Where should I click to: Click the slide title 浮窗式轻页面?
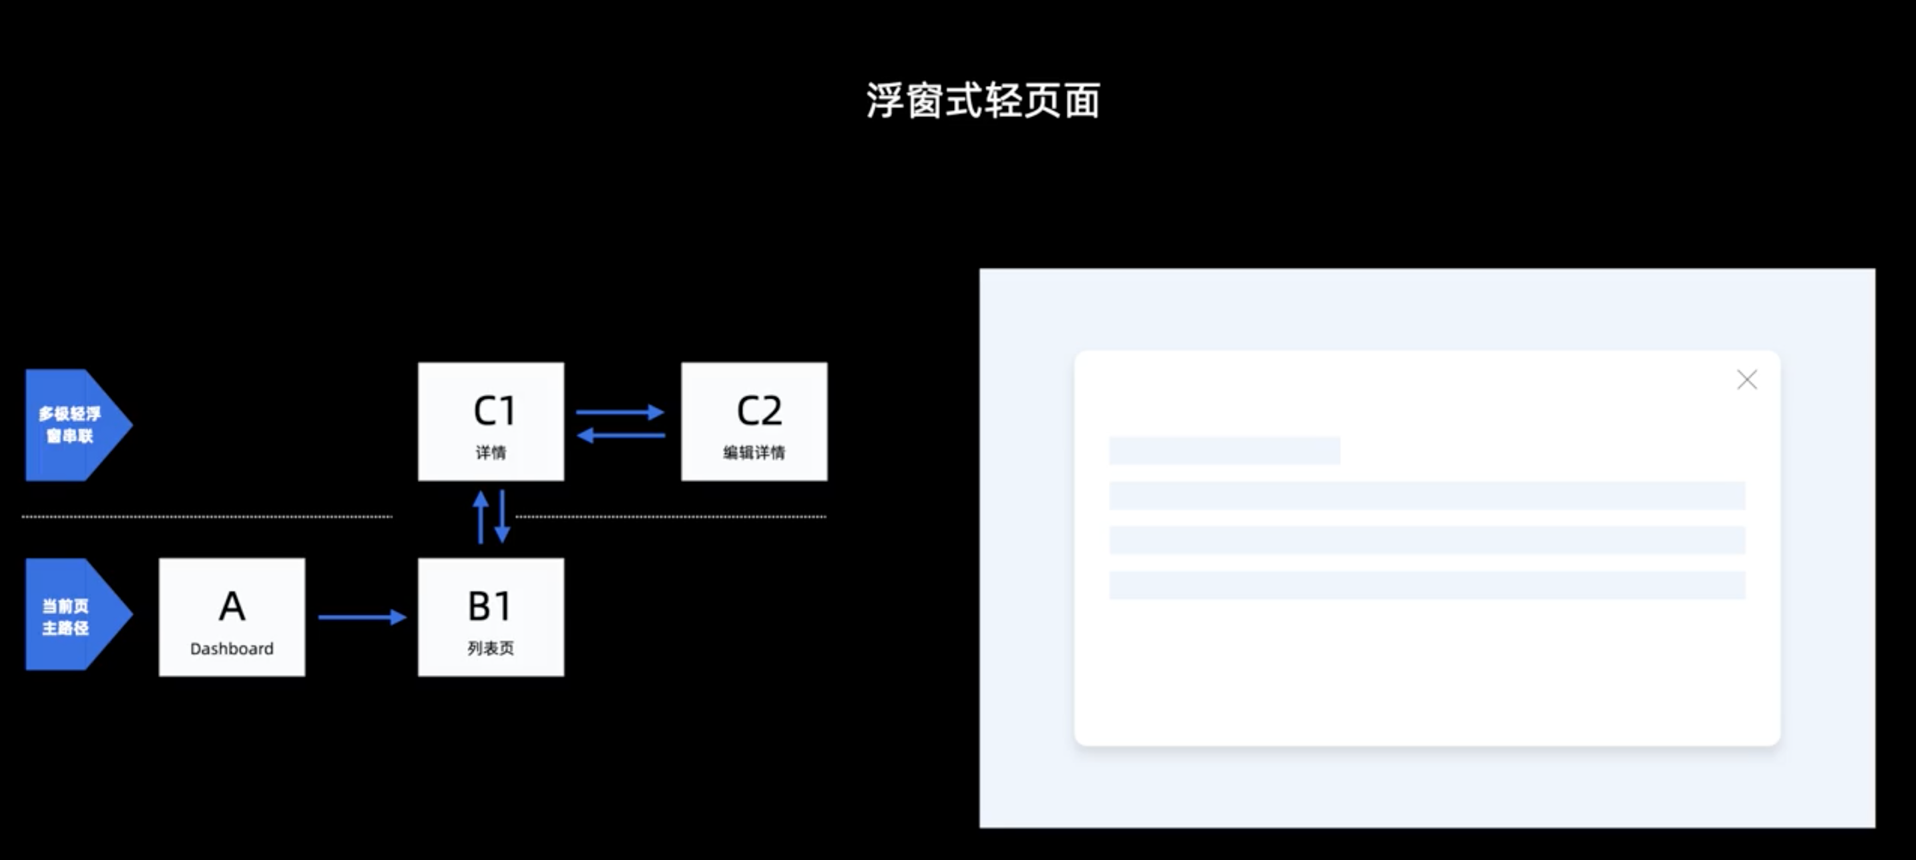pos(983,100)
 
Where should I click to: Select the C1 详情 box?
pos(491,421)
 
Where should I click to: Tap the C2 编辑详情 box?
pos(754,421)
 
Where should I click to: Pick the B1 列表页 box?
pos(491,617)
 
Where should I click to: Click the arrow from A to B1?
pos(363,617)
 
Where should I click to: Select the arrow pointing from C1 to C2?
pos(620,411)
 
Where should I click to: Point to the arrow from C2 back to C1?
pos(620,435)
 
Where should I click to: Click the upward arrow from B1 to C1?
pos(481,517)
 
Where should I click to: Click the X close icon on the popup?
pos(1746,380)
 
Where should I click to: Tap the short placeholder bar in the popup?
pos(1224,451)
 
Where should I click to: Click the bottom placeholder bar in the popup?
pos(1427,586)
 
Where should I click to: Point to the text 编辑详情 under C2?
pos(754,452)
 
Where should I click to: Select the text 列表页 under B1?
pos(491,648)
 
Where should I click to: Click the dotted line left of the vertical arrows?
pos(207,516)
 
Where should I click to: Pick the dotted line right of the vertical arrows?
pos(671,516)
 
